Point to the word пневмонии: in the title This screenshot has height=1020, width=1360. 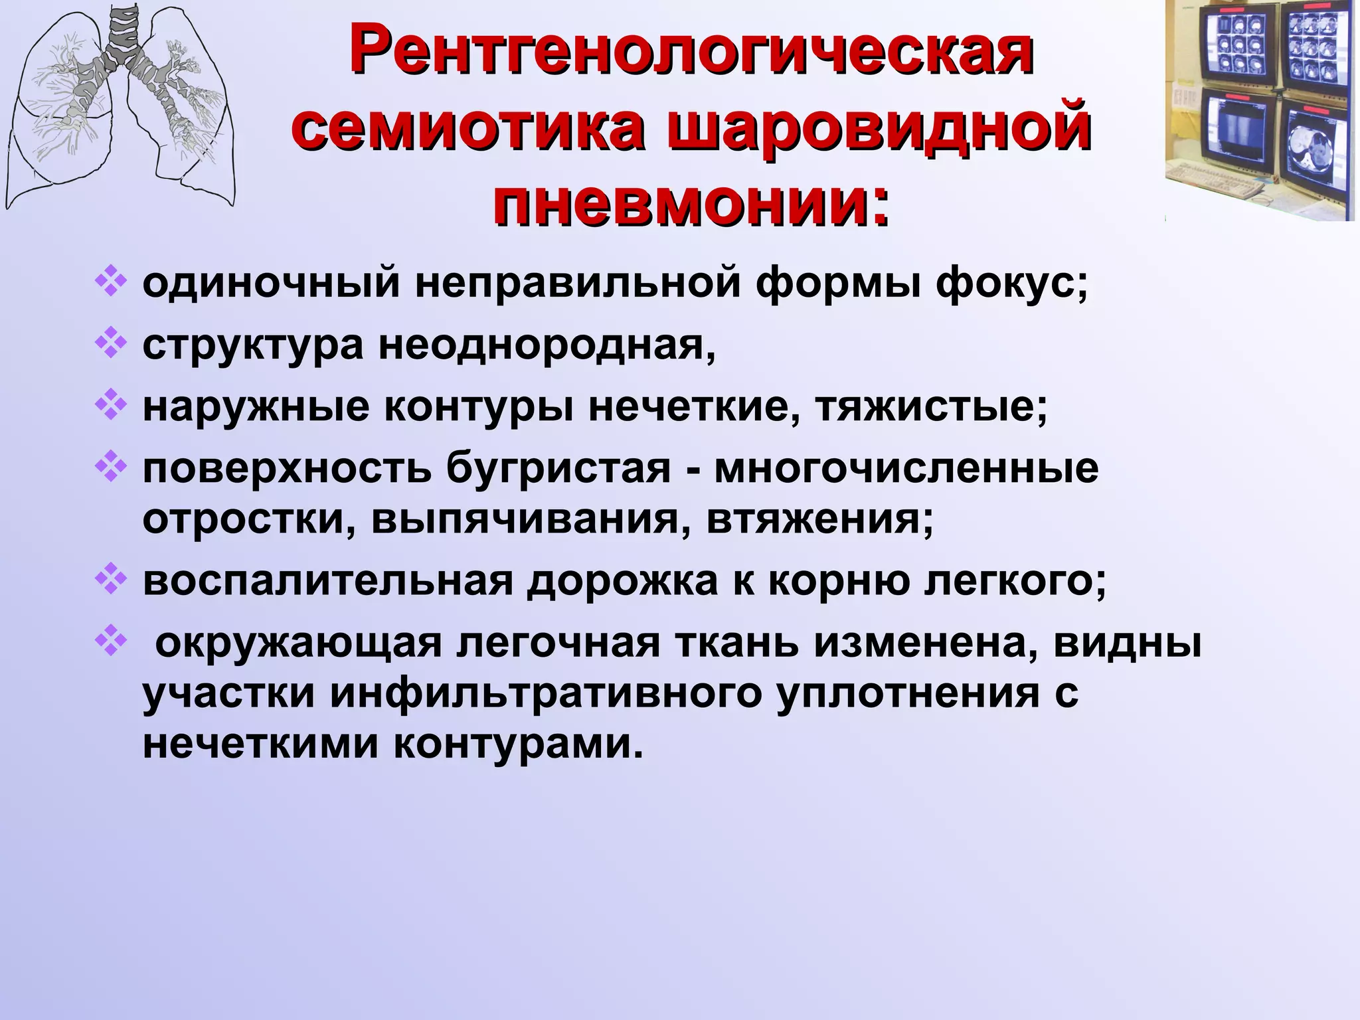[691, 197]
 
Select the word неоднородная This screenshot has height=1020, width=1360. [548, 345]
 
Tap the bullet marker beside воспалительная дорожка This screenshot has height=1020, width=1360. [110, 580]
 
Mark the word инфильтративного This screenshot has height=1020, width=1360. [545, 694]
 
